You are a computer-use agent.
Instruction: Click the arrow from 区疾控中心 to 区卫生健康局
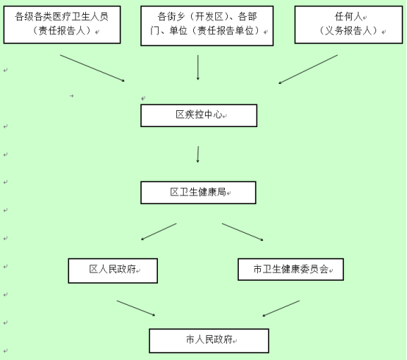click(x=198, y=154)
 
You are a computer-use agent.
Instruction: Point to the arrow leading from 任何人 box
click(x=308, y=69)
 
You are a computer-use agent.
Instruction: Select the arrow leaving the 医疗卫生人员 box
click(x=93, y=68)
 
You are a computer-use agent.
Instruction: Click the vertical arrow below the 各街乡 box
click(x=198, y=67)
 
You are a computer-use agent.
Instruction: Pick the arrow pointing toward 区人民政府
click(x=159, y=231)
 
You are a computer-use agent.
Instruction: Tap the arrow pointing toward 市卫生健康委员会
click(x=242, y=232)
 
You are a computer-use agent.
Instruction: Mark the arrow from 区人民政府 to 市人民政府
click(x=136, y=309)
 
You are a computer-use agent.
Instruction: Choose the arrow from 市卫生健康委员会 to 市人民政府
click(x=281, y=309)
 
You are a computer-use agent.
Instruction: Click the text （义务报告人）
click(x=348, y=31)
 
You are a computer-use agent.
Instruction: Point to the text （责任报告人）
click(x=62, y=31)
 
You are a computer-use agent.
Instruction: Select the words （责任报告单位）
click(x=226, y=31)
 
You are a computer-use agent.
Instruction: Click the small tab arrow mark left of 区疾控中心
click(x=72, y=96)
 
